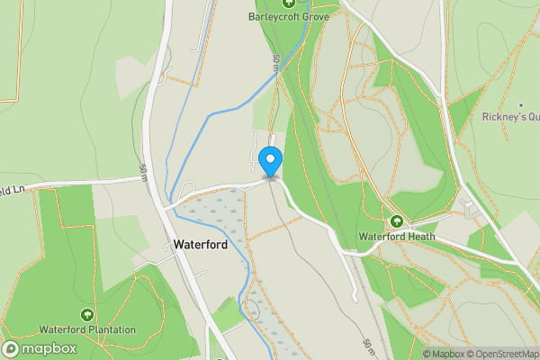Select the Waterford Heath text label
coord(397,237)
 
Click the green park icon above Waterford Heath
coord(396,221)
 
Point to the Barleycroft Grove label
coord(288,16)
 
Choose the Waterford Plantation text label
coord(86,329)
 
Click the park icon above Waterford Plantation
coord(86,314)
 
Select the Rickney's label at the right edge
coord(510,117)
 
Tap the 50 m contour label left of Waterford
coord(143,172)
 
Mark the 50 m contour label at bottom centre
coord(367,347)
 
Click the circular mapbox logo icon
coord(12,348)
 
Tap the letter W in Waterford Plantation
coord(42,329)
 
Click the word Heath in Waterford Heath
coord(420,237)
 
